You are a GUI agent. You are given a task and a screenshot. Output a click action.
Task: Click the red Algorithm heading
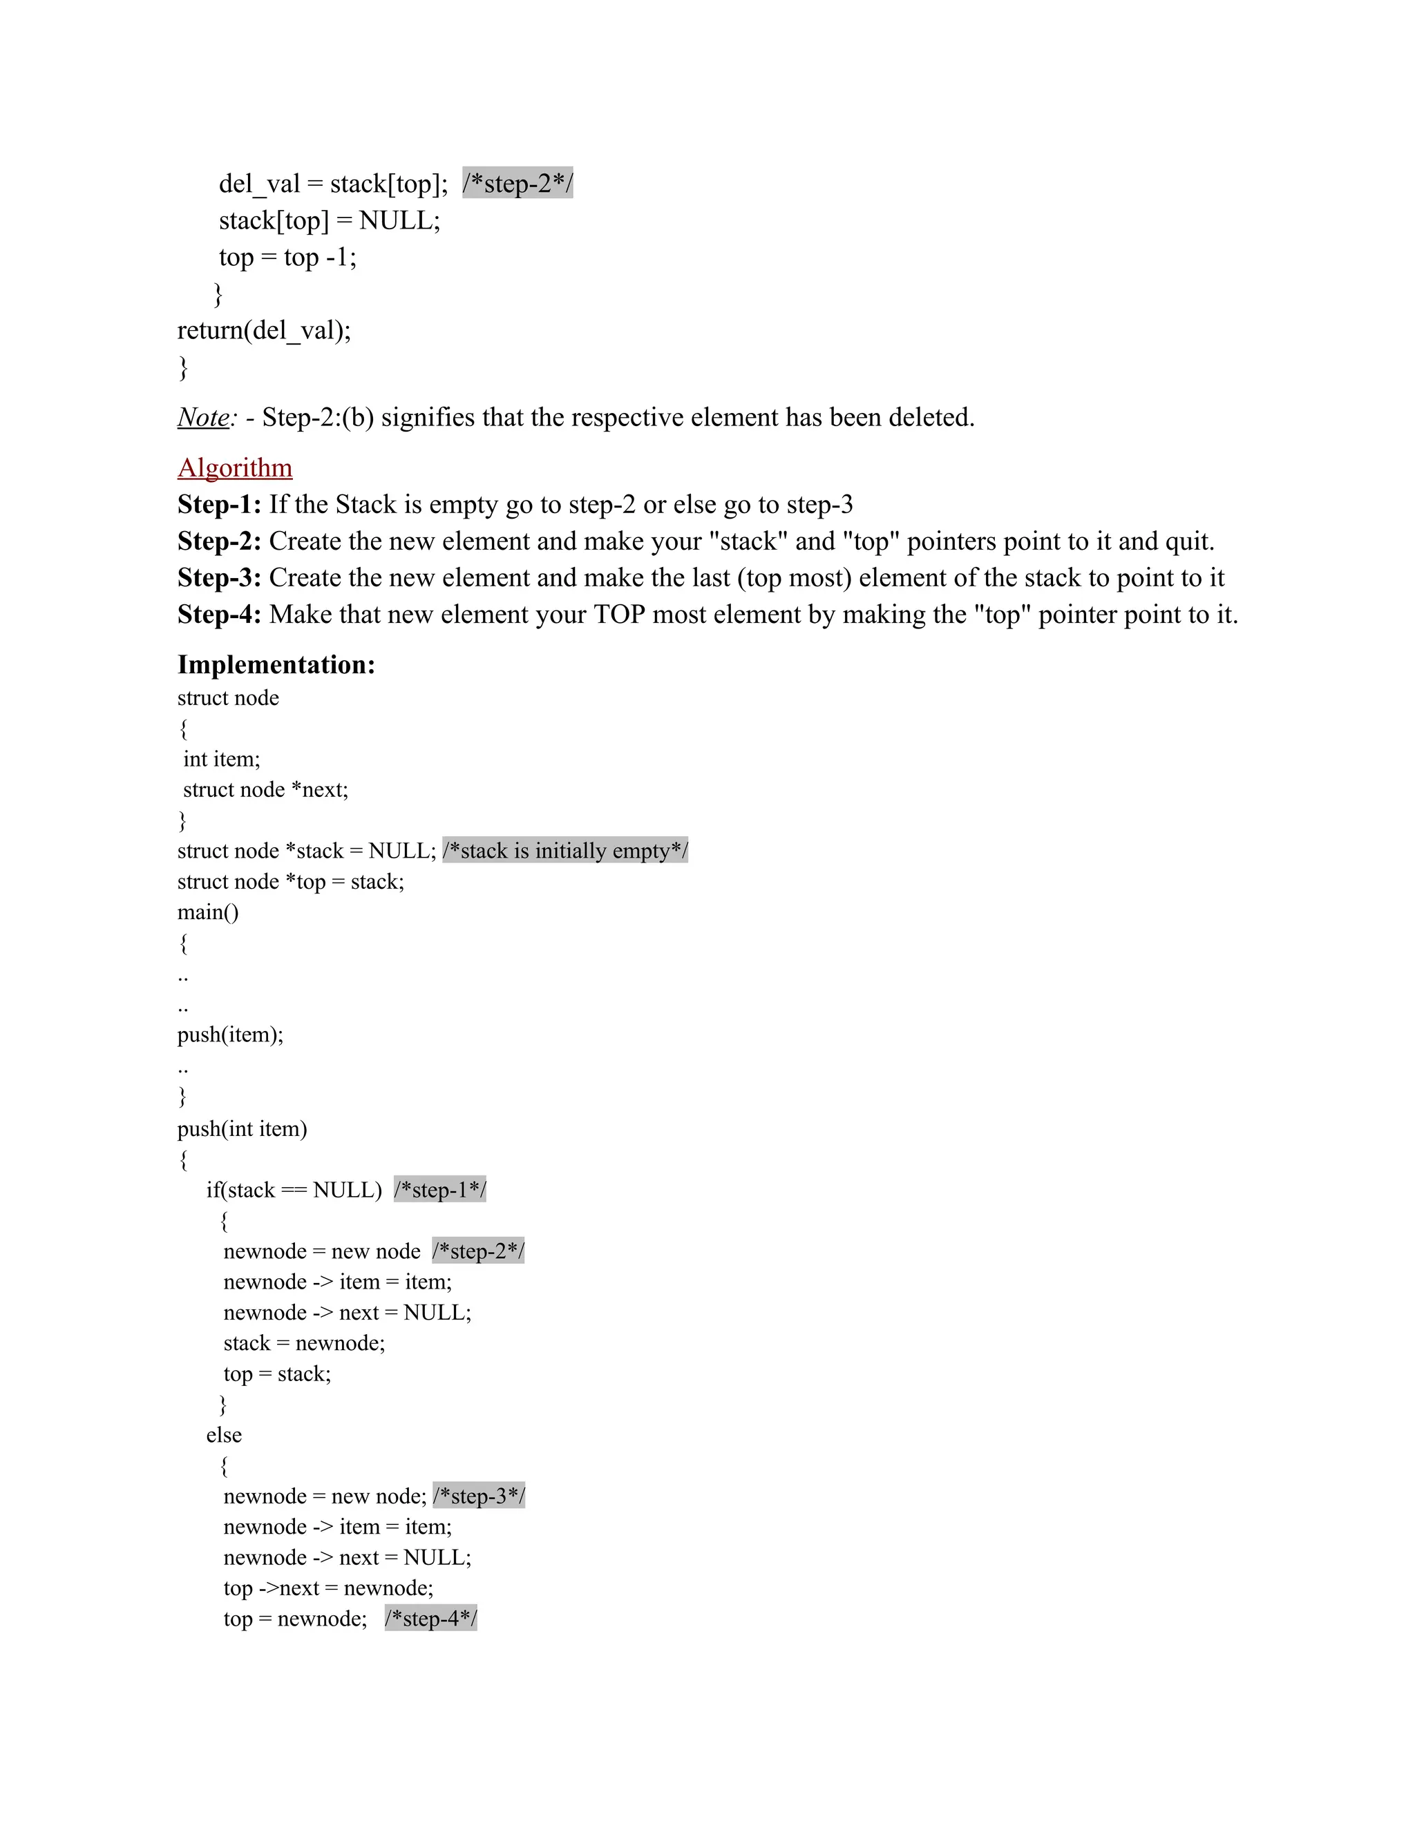point(235,468)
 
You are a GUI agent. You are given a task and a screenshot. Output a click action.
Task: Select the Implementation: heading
point(276,664)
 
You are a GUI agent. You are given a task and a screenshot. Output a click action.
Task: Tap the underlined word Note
point(204,417)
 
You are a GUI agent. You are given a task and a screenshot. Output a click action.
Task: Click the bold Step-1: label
point(219,504)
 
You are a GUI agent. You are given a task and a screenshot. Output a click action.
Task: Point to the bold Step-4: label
point(219,614)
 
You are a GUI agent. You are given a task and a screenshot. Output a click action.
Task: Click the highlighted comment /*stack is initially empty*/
point(565,851)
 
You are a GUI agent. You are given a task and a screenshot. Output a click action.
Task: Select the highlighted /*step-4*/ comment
point(431,1618)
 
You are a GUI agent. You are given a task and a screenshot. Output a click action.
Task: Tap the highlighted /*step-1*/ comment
point(440,1190)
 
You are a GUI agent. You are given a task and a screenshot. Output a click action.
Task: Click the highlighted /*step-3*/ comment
point(479,1496)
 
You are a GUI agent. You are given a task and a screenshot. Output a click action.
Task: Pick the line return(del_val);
point(264,330)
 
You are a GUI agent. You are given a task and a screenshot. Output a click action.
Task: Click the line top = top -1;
point(287,258)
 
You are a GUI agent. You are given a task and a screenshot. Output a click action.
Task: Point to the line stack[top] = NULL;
point(330,220)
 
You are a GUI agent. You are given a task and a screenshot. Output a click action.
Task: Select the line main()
point(208,912)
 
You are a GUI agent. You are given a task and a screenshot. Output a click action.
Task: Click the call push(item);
point(231,1035)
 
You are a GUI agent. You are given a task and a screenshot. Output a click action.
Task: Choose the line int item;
point(222,759)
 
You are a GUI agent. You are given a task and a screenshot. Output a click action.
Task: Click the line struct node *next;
point(266,789)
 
